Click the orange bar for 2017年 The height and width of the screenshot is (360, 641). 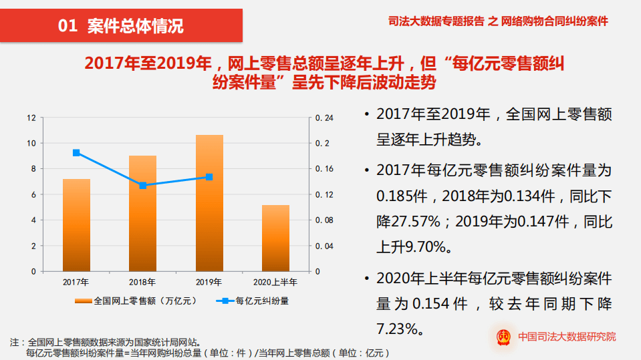[x=76, y=225]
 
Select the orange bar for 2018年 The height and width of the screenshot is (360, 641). [x=142, y=213]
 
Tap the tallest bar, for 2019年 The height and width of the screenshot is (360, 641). [x=209, y=203]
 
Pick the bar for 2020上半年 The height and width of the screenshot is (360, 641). [x=275, y=238]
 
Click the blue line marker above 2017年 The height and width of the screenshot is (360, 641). [x=76, y=153]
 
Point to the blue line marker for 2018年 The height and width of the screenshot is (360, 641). [x=142, y=185]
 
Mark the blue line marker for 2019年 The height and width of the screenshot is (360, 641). [x=209, y=177]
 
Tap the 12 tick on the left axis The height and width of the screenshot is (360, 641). [x=31, y=118]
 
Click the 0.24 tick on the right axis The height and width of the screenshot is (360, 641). [x=324, y=118]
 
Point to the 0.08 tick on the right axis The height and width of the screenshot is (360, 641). [x=324, y=220]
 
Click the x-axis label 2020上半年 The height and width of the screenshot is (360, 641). [x=275, y=282]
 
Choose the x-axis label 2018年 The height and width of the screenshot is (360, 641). [x=142, y=282]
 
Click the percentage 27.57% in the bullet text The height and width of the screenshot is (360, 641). [x=408, y=221]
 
